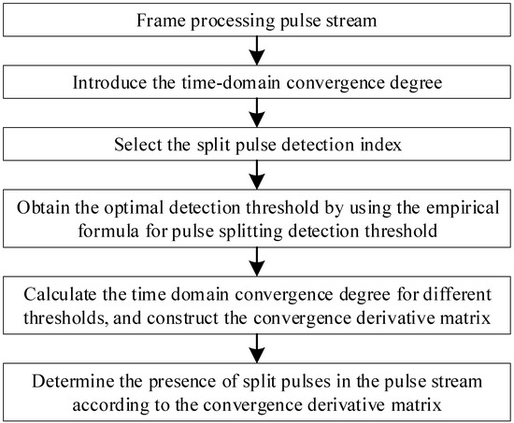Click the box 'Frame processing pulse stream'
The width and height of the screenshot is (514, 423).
(x=256, y=19)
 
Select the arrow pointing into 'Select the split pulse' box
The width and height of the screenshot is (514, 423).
(x=256, y=111)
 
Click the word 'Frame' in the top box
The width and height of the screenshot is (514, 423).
(x=160, y=20)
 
